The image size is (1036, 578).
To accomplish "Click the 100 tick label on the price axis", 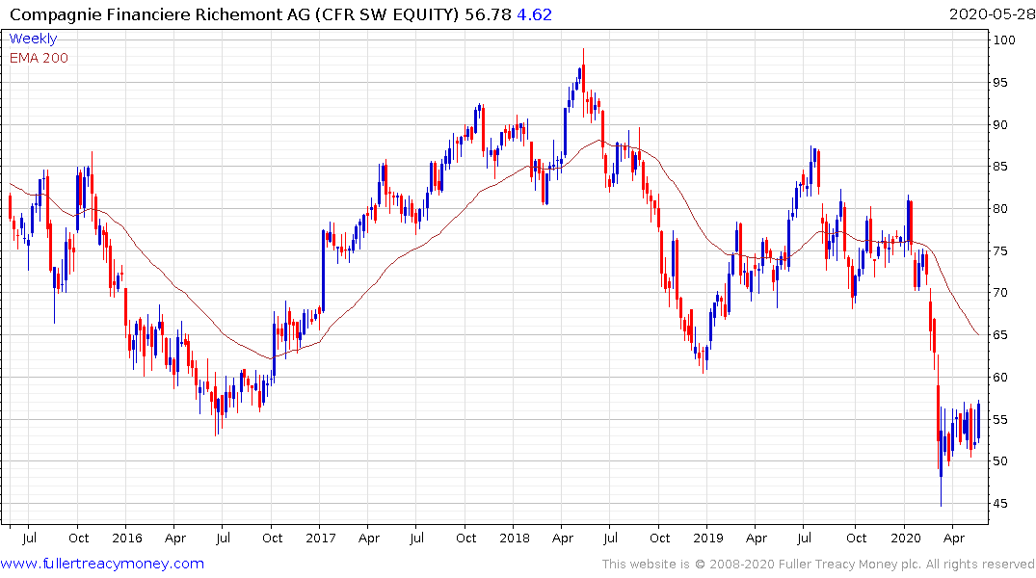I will coord(1007,40).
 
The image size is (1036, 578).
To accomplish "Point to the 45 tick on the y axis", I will coord(1003,504).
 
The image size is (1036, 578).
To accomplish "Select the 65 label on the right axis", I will coord(1003,335).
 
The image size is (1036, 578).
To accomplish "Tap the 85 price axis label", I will coord(1003,167).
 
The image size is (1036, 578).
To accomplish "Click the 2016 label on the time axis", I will coord(126,538).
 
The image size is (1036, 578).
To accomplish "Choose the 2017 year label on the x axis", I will coord(321,538).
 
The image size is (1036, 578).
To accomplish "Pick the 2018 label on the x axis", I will coord(515,538).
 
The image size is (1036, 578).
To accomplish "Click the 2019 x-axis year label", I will coord(708,538).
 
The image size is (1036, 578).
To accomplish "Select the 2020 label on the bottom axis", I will coord(905,538).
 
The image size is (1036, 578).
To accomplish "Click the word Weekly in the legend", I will coord(33,39).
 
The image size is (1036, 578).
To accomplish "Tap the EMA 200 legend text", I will coord(39,58).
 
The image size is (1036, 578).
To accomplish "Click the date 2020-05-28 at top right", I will coord(989,14).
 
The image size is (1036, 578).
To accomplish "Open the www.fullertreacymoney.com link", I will coord(102,564).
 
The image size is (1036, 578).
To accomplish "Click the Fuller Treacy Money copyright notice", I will coord(818,565).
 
